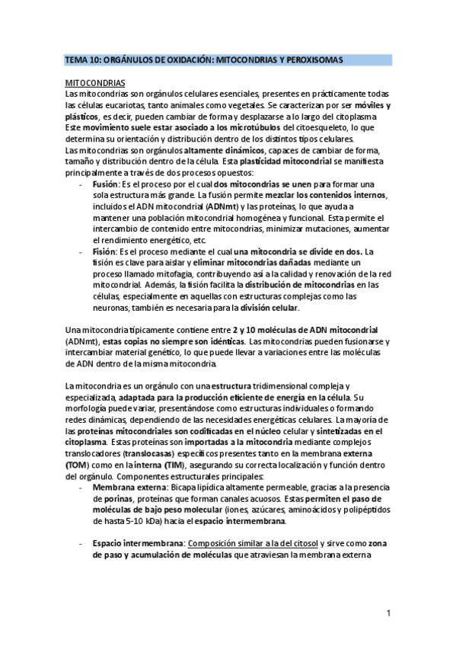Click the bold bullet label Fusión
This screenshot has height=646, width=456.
tap(105, 185)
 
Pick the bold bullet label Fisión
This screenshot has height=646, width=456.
tap(104, 251)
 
